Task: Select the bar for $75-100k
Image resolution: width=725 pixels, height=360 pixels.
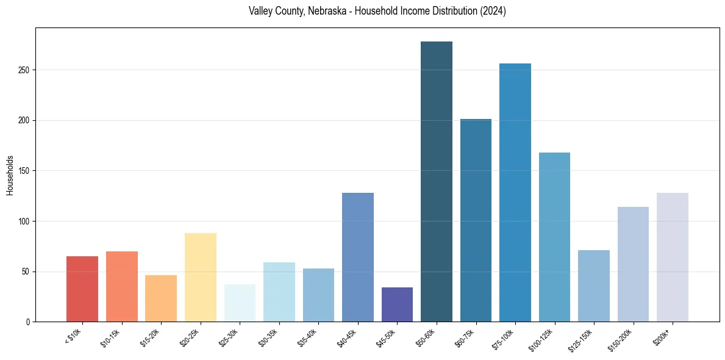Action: [x=515, y=192]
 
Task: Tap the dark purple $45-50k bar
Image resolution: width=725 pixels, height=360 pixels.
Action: [x=397, y=304]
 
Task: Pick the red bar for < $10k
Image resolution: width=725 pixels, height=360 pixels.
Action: [x=82, y=289]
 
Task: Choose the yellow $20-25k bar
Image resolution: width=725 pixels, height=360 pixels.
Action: [x=201, y=277]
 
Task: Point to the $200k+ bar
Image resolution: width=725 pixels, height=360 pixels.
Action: [x=673, y=257]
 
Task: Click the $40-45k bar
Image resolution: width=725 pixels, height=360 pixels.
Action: [x=358, y=257]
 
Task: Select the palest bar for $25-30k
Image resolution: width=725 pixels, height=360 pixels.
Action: [x=240, y=303]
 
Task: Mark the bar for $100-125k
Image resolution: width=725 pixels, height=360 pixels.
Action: [x=554, y=237]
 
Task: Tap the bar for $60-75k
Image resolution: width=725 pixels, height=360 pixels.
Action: [x=476, y=220]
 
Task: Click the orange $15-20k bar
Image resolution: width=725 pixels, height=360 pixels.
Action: [x=161, y=298]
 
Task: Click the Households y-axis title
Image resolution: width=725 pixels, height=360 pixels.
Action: [x=10, y=175]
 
